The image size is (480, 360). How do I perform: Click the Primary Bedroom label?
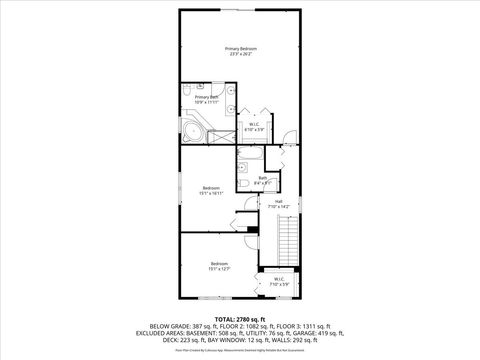point(240,51)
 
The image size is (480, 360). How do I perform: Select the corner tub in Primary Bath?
point(193,131)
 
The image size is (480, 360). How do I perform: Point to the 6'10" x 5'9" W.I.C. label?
point(253,126)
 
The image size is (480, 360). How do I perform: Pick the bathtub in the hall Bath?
point(249,155)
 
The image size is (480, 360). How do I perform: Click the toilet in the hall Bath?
point(244,185)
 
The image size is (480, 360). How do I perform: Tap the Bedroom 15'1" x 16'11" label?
point(211,190)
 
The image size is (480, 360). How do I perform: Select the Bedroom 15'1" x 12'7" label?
point(211,265)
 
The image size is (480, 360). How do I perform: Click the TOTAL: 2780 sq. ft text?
point(240,318)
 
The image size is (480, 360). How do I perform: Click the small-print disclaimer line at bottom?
point(240,351)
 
